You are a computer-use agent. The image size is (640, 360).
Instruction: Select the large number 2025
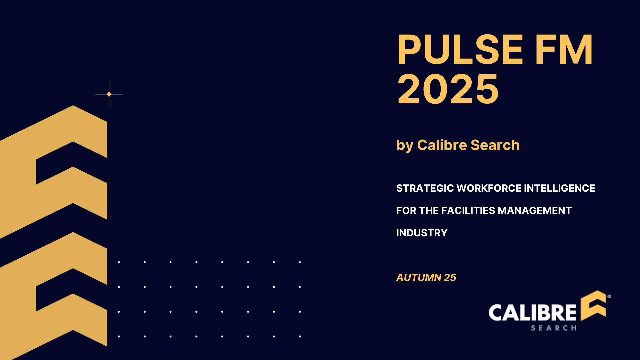(448, 89)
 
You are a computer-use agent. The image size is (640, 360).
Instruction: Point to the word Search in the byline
(495, 145)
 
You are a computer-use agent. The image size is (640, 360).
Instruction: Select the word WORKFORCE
(489, 188)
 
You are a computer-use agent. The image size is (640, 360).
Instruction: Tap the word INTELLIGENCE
(559, 188)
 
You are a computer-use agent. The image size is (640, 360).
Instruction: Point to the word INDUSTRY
(422, 233)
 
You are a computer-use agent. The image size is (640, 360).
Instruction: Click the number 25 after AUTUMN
(450, 278)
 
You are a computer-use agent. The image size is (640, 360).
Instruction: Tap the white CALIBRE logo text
(532, 313)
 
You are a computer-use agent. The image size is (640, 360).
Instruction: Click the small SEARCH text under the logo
(553, 328)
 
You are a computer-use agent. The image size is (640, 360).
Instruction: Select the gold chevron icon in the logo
(594, 305)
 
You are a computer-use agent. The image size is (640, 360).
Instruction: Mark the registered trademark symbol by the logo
(609, 296)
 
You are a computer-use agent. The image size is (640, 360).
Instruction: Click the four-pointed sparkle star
(109, 94)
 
